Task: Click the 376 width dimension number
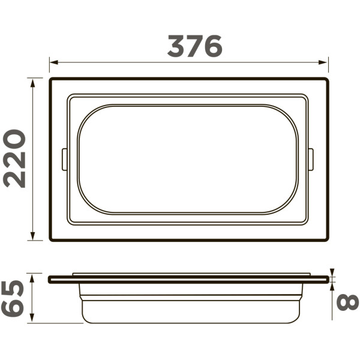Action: (x=194, y=46)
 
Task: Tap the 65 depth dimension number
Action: (x=13, y=298)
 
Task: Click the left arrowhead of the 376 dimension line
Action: (x=53, y=62)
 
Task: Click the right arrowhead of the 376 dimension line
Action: (x=325, y=62)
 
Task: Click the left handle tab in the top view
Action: (x=64, y=160)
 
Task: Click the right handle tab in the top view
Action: (x=310, y=160)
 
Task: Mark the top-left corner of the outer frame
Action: (x=51, y=79)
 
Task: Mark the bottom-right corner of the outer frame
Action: (x=327, y=240)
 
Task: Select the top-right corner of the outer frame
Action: (x=327, y=79)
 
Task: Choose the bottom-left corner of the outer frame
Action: (x=51, y=240)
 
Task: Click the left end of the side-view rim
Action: (x=50, y=279)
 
